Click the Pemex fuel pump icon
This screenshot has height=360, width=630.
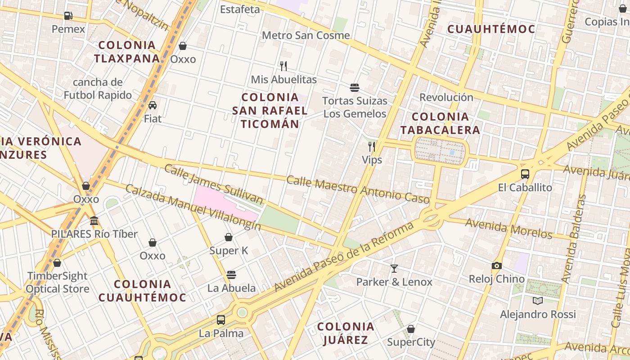pyautogui.click(x=68, y=16)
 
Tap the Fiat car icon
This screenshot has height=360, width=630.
pyautogui.click(x=153, y=105)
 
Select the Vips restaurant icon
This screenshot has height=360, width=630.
pyautogui.click(x=372, y=146)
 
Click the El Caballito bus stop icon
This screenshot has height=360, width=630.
pyautogui.click(x=525, y=174)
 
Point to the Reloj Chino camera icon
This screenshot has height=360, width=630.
pyautogui.click(x=497, y=265)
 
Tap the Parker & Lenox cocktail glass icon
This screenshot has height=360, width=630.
pyautogui.click(x=394, y=269)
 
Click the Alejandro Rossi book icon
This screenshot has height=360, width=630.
pyautogui.click(x=538, y=301)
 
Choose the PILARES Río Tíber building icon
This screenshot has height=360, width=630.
pyautogui.click(x=94, y=220)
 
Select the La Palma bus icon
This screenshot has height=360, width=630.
pyautogui.click(x=221, y=320)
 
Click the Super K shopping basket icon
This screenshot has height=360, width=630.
pyautogui.click(x=229, y=237)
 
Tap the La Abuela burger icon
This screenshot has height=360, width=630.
pyautogui.click(x=231, y=274)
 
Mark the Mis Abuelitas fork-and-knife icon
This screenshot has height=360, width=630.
pyautogui.click(x=283, y=66)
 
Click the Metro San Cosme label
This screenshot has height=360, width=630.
pyautogui.click(x=306, y=35)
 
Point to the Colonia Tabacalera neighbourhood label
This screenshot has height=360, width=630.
pyautogui.click(x=440, y=123)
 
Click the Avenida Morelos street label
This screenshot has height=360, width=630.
pyautogui.click(x=508, y=228)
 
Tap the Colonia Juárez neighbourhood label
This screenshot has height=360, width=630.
pyautogui.click(x=346, y=333)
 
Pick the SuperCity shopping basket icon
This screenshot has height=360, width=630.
pyautogui.click(x=411, y=329)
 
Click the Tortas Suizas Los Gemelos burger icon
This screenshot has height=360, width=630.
pyautogui.click(x=355, y=87)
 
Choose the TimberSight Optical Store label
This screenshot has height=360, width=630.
pyautogui.click(x=58, y=282)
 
